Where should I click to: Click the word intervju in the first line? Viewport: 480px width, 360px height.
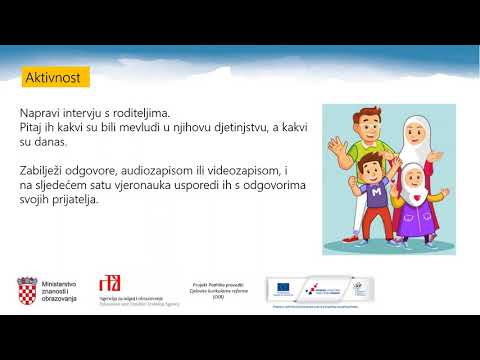pos(94,114)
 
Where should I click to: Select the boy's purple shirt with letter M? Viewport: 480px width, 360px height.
pos(376,196)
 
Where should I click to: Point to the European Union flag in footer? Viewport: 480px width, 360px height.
pos(283,288)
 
